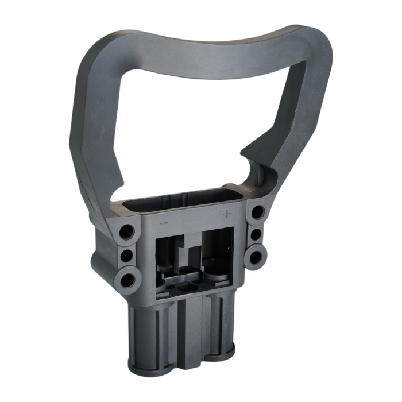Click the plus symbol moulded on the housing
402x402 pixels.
[x=227, y=215]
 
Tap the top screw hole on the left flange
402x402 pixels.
[x=126, y=233]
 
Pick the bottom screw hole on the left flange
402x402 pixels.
[x=126, y=280]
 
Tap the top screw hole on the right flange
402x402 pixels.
[x=257, y=212]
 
